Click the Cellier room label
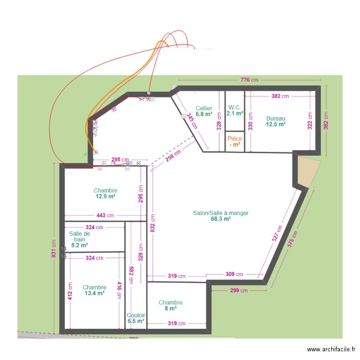204,108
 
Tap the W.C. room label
235,108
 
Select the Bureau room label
276,118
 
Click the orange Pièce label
235,139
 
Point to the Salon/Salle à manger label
221,213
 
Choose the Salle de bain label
80,236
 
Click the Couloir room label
136,315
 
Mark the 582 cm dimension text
131,274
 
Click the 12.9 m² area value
106,196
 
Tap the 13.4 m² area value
95,293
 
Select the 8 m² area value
171,309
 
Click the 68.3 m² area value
221,219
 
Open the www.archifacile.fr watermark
331,350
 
